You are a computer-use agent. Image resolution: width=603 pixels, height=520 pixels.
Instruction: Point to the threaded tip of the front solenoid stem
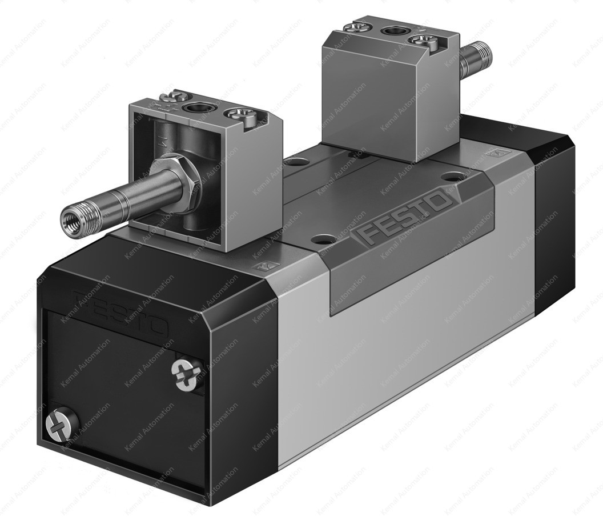[71, 215]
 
